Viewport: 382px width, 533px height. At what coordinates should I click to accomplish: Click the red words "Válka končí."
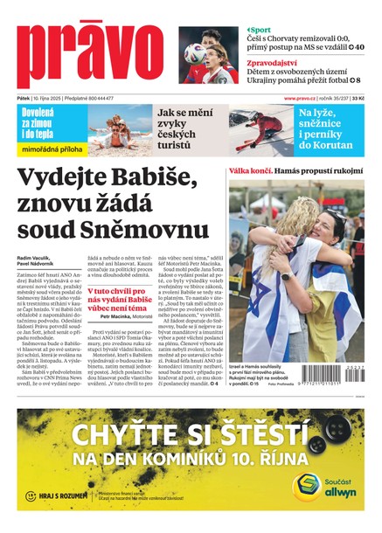point(252,171)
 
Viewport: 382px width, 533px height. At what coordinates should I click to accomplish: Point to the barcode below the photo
point(333,379)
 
